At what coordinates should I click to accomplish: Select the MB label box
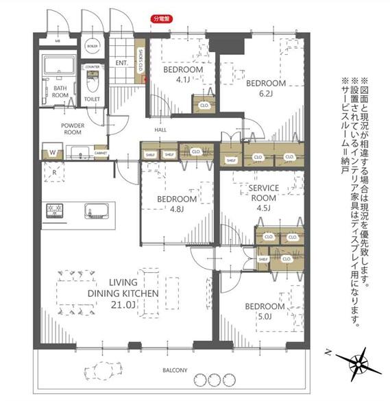click(58, 42)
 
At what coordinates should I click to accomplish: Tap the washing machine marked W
click(52, 151)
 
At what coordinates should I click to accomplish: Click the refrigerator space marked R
click(53, 173)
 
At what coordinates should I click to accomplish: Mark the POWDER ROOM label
click(72, 130)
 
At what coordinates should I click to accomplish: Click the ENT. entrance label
click(123, 64)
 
